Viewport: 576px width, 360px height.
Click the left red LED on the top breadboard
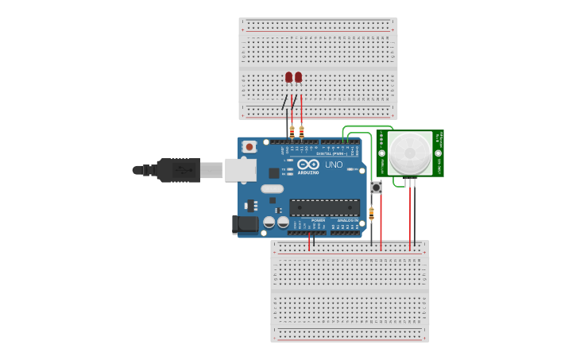(289, 77)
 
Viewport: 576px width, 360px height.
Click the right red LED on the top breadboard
(299, 77)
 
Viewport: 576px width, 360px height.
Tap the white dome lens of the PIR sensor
(410, 153)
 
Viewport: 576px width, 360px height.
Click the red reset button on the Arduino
(249, 146)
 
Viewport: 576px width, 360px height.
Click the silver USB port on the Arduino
(240, 170)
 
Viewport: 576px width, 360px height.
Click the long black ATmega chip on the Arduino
(324, 207)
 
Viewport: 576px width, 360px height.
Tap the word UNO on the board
(334, 165)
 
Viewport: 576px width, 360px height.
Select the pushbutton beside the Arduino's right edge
(376, 188)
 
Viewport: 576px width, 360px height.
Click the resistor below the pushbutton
(371, 212)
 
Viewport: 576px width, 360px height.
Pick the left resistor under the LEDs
(292, 130)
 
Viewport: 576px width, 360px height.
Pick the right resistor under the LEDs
(301, 130)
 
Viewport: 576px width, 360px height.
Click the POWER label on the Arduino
(307, 220)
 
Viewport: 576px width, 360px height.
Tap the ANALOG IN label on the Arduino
(345, 220)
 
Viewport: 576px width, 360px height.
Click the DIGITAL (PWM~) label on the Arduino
(327, 153)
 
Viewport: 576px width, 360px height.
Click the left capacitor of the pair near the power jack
(269, 222)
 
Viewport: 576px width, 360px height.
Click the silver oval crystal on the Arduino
(271, 189)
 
